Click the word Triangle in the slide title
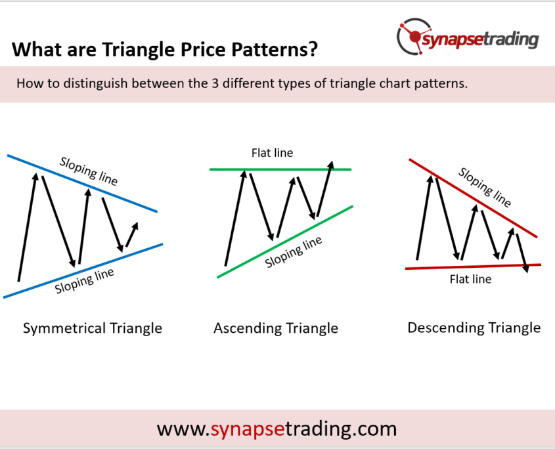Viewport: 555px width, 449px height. click(x=139, y=49)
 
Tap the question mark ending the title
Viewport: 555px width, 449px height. click(x=313, y=49)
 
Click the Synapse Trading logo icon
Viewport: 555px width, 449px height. click(x=413, y=37)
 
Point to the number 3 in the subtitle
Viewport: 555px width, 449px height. click(x=215, y=83)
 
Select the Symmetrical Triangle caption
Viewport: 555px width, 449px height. click(x=93, y=328)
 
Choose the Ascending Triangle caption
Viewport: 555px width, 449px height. click(x=276, y=328)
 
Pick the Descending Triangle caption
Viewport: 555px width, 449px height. click(x=474, y=328)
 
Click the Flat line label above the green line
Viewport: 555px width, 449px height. click(x=272, y=153)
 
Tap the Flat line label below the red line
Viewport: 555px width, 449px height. click(x=470, y=279)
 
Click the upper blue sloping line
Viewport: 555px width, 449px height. click(x=82, y=183)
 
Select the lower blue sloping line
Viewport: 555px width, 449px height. click(x=83, y=270)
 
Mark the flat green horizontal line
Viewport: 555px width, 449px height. click(x=280, y=169)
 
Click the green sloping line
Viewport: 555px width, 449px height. click(x=285, y=242)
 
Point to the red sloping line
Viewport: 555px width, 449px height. click(x=473, y=198)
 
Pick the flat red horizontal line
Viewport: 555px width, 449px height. click(x=473, y=267)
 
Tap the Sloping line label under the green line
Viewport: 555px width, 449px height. click(x=294, y=252)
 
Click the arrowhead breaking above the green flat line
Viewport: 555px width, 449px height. click(x=330, y=165)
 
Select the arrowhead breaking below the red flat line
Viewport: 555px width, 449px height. click(x=526, y=268)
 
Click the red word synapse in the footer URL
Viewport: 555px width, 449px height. click(x=248, y=429)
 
